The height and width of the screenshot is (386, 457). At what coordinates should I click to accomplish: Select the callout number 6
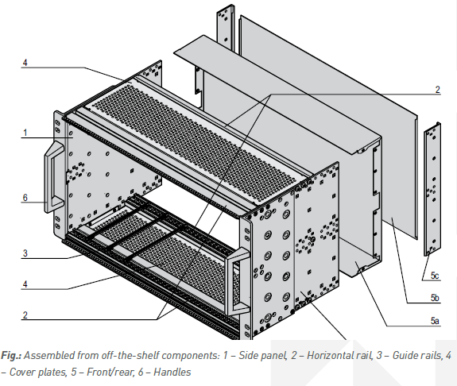pyautogui.click(x=25, y=199)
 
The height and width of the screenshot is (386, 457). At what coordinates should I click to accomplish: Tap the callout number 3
pyautogui.click(x=25, y=253)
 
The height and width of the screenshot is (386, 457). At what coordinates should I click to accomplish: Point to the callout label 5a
pyautogui.click(x=434, y=320)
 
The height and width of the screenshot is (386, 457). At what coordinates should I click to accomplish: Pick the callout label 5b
pyautogui.click(x=434, y=298)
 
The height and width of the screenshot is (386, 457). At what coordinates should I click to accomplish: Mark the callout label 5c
pyautogui.click(x=434, y=276)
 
